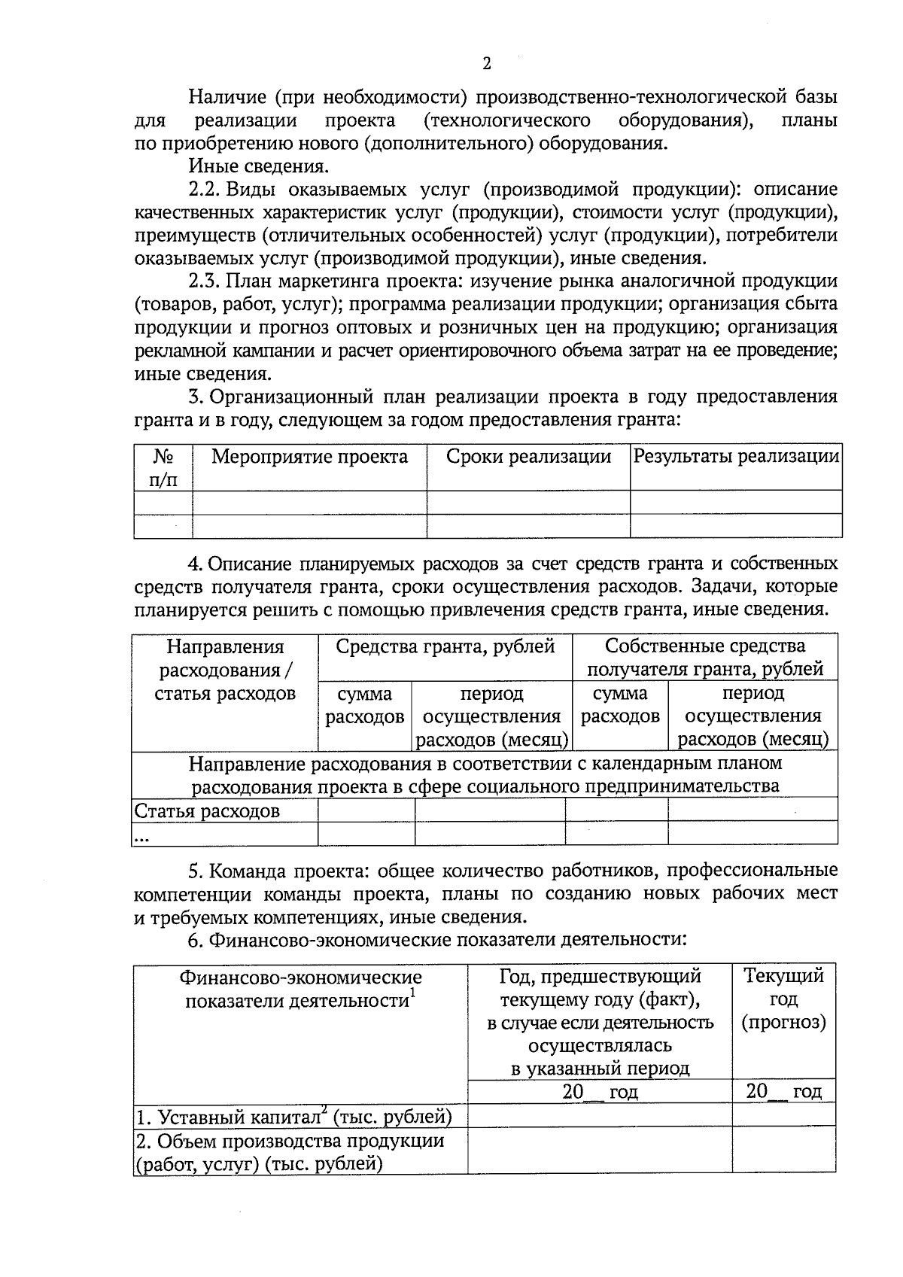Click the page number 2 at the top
tap(486, 64)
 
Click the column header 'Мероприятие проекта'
tap(309, 457)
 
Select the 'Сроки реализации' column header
tap(528, 457)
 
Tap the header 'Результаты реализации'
tap(736, 457)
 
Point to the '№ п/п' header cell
tap(163, 468)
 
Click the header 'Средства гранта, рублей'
tap(445, 646)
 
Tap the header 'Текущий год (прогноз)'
tap(783, 999)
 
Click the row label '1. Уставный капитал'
tap(293, 1117)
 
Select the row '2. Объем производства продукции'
tap(290, 1152)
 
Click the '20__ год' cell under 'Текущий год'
tap(783, 1092)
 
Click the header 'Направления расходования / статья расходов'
tap(225, 670)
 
